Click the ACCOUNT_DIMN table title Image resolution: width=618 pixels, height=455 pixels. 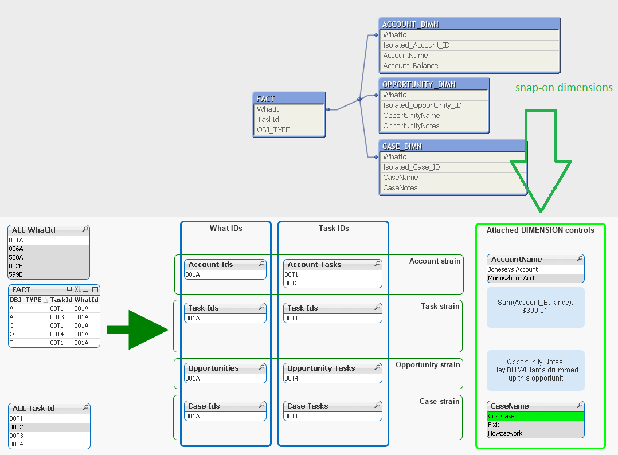pos(410,24)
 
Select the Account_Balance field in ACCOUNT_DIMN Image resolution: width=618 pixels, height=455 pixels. pos(410,66)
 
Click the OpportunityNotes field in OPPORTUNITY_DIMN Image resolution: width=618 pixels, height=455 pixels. pos(411,126)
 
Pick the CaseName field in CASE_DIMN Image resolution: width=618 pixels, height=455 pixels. pos(401,178)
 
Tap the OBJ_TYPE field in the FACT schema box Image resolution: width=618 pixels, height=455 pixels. pos(273,130)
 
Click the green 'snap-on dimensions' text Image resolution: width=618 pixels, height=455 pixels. pos(564,88)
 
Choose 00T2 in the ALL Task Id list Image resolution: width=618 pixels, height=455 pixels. pos(16,427)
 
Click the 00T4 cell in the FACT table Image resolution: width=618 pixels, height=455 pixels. pos(57,334)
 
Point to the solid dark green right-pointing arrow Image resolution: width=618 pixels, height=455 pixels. pos(138,330)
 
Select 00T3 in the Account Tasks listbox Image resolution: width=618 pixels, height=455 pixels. pos(292,283)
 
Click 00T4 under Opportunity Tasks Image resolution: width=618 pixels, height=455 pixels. pos(292,378)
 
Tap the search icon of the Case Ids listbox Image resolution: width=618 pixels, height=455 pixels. pos(261,406)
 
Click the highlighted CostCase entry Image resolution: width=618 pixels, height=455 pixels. pos(502,416)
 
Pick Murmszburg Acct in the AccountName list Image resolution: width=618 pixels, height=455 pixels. pos(511,278)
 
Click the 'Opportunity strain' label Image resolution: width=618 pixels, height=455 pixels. pos(428,365)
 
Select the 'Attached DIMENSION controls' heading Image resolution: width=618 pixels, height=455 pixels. pos(540,230)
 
